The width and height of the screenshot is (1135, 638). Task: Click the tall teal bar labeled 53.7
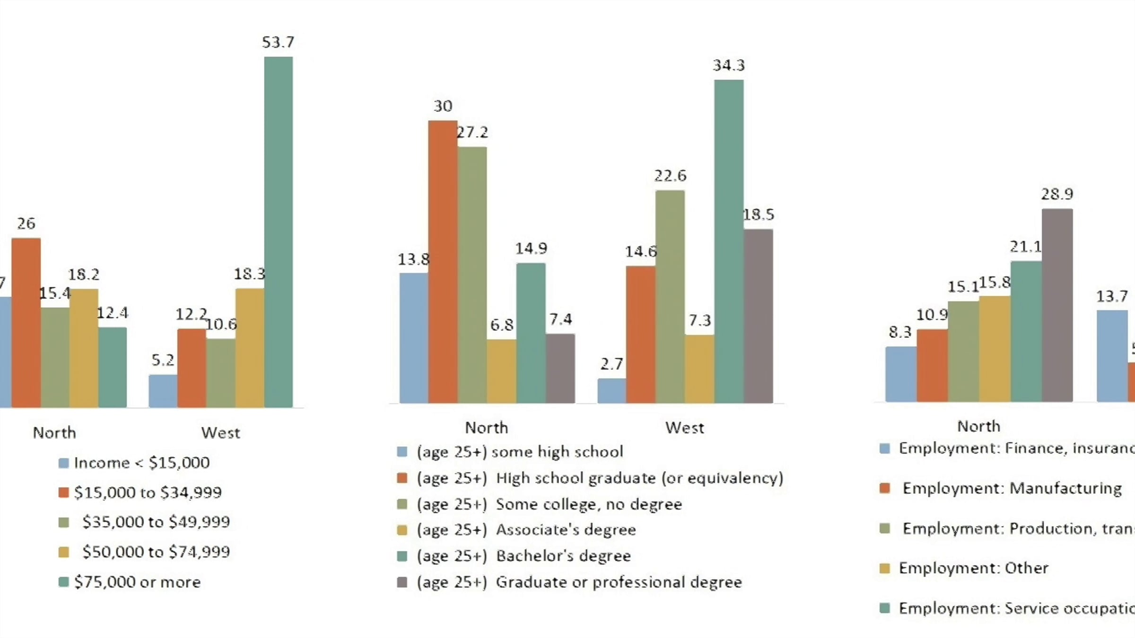[278, 232]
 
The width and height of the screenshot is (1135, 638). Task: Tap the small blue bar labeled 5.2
[163, 391]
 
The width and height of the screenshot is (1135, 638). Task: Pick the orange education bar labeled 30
[443, 262]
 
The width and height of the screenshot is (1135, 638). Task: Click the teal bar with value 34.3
[729, 241]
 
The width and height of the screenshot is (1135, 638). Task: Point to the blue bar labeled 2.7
[612, 391]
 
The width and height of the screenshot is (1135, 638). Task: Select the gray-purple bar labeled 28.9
[1057, 305]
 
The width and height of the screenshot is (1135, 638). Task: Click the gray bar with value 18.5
[759, 316]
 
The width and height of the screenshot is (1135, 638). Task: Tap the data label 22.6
[670, 176]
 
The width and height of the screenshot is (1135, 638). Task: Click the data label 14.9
[531, 249]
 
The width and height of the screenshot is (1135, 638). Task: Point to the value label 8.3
[899, 332]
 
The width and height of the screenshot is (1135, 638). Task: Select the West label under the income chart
[220, 433]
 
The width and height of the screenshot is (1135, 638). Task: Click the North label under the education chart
[487, 428]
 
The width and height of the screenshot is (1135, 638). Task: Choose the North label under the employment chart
[979, 426]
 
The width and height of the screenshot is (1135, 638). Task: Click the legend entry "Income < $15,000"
[141, 463]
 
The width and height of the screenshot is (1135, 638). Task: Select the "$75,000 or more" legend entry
[137, 582]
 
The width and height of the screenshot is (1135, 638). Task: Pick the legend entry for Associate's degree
[526, 530]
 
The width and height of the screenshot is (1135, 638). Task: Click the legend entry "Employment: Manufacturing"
[1012, 488]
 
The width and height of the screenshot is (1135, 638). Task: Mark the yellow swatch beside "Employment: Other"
[884, 568]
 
